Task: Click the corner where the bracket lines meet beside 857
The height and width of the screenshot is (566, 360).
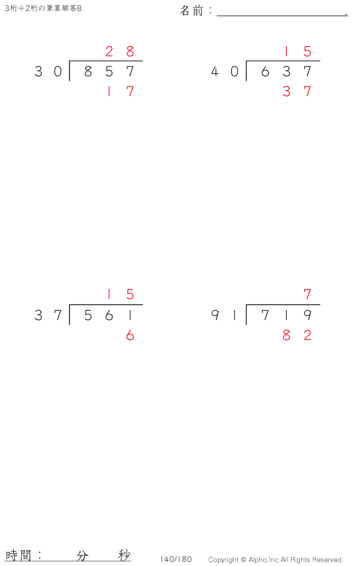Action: click(x=70, y=61)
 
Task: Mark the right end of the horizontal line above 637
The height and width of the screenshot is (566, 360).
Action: click(x=320, y=61)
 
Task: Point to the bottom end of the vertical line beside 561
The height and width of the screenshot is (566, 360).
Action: click(x=70, y=324)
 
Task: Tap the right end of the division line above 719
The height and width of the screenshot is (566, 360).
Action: click(x=320, y=305)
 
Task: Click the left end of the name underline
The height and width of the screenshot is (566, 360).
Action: click(x=217, y=16)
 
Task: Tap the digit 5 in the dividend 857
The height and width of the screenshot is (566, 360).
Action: click(x=109, y=71)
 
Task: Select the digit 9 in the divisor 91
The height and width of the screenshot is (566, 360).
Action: click(x=215, y=315)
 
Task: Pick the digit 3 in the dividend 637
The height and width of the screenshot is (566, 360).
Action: click(x=286, y=71)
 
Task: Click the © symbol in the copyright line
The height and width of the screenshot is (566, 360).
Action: click(x=244, y=559)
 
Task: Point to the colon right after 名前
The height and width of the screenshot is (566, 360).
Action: click(x=210, y=10)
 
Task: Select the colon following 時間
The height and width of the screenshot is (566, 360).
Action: click(x=40, y=555)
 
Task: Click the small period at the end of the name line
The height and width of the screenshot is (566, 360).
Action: click(x=346, y=14)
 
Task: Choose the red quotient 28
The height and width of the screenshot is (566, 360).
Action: click(x=120, y=52)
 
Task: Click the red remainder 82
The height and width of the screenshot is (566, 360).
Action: click(x=297, y=335)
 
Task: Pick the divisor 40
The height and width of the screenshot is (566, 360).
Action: click(x=224, y=71)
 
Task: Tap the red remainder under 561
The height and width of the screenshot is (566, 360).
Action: click(x=130, y=335)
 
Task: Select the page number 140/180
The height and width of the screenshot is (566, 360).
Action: click(x=176, y=559)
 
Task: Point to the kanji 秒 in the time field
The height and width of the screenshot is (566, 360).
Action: click(x=124, y=555)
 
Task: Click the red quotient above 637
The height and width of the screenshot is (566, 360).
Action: click(x=297, y=52)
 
